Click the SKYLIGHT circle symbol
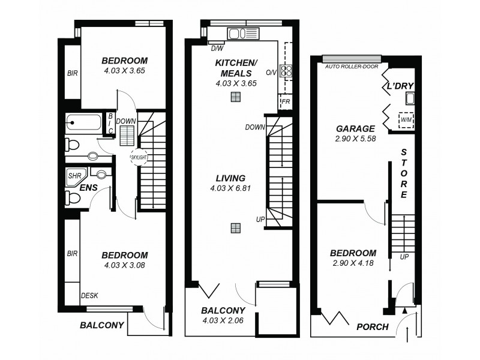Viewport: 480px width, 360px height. point(139,157)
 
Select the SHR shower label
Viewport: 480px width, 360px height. point(74,176)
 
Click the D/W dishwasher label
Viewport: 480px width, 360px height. point(217,49)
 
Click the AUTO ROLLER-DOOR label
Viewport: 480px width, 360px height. point(352,66)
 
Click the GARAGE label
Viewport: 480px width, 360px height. point(355,128)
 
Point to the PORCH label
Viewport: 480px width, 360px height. point(372,327)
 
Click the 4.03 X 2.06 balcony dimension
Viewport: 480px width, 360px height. point(223,321)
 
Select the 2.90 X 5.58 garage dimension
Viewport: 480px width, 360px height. point(355,138)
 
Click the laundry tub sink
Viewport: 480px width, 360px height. point(410,98)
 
